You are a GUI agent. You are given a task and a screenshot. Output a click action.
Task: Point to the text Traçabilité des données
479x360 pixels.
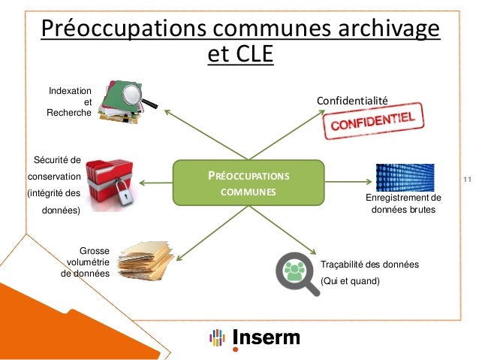point(369,265)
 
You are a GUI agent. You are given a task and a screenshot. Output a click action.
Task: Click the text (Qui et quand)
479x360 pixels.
point(351,281)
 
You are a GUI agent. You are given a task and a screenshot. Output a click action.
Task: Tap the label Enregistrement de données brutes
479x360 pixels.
point(403,204)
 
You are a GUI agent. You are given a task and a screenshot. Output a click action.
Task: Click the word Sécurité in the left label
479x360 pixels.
point(58,159)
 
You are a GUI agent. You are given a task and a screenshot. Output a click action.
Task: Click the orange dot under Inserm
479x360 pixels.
point(236,349)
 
